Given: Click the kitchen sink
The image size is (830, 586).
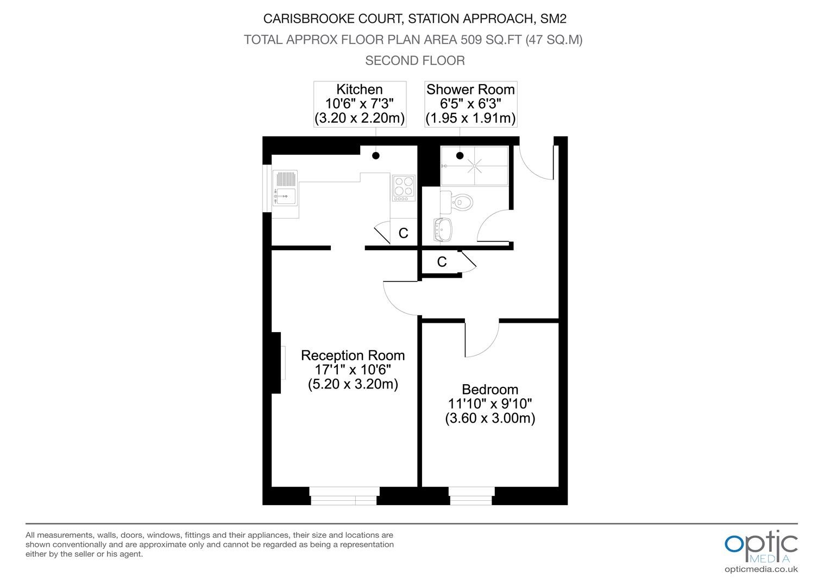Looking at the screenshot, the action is (285, 188).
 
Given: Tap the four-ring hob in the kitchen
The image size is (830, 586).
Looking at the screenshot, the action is (404, 188).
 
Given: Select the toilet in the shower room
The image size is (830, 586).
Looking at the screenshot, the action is (456, 202).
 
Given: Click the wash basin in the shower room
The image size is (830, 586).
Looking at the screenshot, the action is (443, 230).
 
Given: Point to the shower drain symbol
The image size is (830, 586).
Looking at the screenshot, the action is (474, 166).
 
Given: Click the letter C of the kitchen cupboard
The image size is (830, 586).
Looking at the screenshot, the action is (403, 233).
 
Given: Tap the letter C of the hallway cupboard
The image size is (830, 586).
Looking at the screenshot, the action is (442, 262).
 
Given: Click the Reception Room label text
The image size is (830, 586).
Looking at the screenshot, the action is (353, 355).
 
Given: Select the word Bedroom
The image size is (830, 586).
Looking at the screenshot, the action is (490, 390).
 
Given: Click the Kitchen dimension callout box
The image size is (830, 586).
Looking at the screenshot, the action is (360, 104).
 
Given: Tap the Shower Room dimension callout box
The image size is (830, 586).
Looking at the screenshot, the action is (470, 104).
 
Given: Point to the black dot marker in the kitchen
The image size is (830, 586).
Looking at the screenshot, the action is (376, 156).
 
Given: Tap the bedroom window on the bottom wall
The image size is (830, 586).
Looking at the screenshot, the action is (471, 496).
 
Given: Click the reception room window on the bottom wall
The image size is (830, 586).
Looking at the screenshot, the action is (344, 496).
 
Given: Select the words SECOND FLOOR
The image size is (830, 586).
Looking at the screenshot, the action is (415, 61).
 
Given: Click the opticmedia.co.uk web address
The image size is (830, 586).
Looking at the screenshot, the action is (761, 569).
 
